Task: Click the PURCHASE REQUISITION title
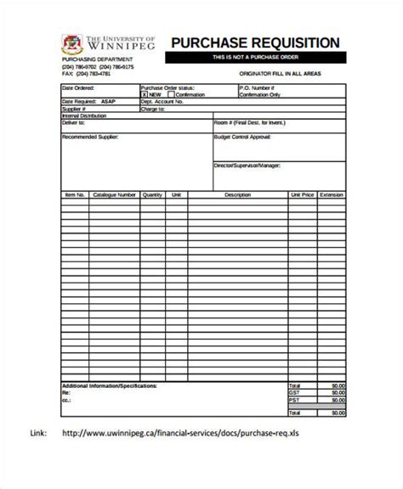256,42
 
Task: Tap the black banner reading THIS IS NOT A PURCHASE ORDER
256,58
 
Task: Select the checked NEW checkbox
145,94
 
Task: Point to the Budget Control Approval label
247,136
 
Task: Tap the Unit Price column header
302,194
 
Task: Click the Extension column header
332,194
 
